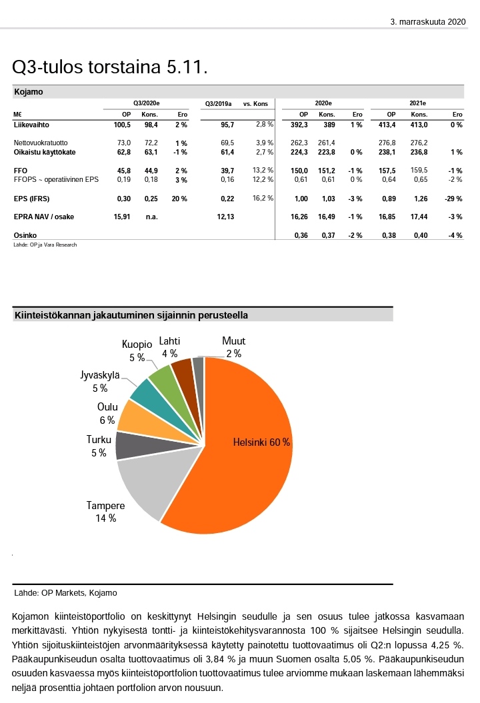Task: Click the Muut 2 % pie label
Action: [x=233, y=348]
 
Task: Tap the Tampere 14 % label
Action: [x=105, y=511]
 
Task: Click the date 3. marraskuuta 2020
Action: [x=427, y=22]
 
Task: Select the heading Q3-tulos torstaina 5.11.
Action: [x=111, y=67]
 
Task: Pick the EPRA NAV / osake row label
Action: [x=45, y=217]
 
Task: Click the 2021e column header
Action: [x=417, y=104]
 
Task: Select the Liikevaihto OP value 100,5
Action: [x=121, y=125]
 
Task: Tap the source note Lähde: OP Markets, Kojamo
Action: [x=59, y=592]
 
